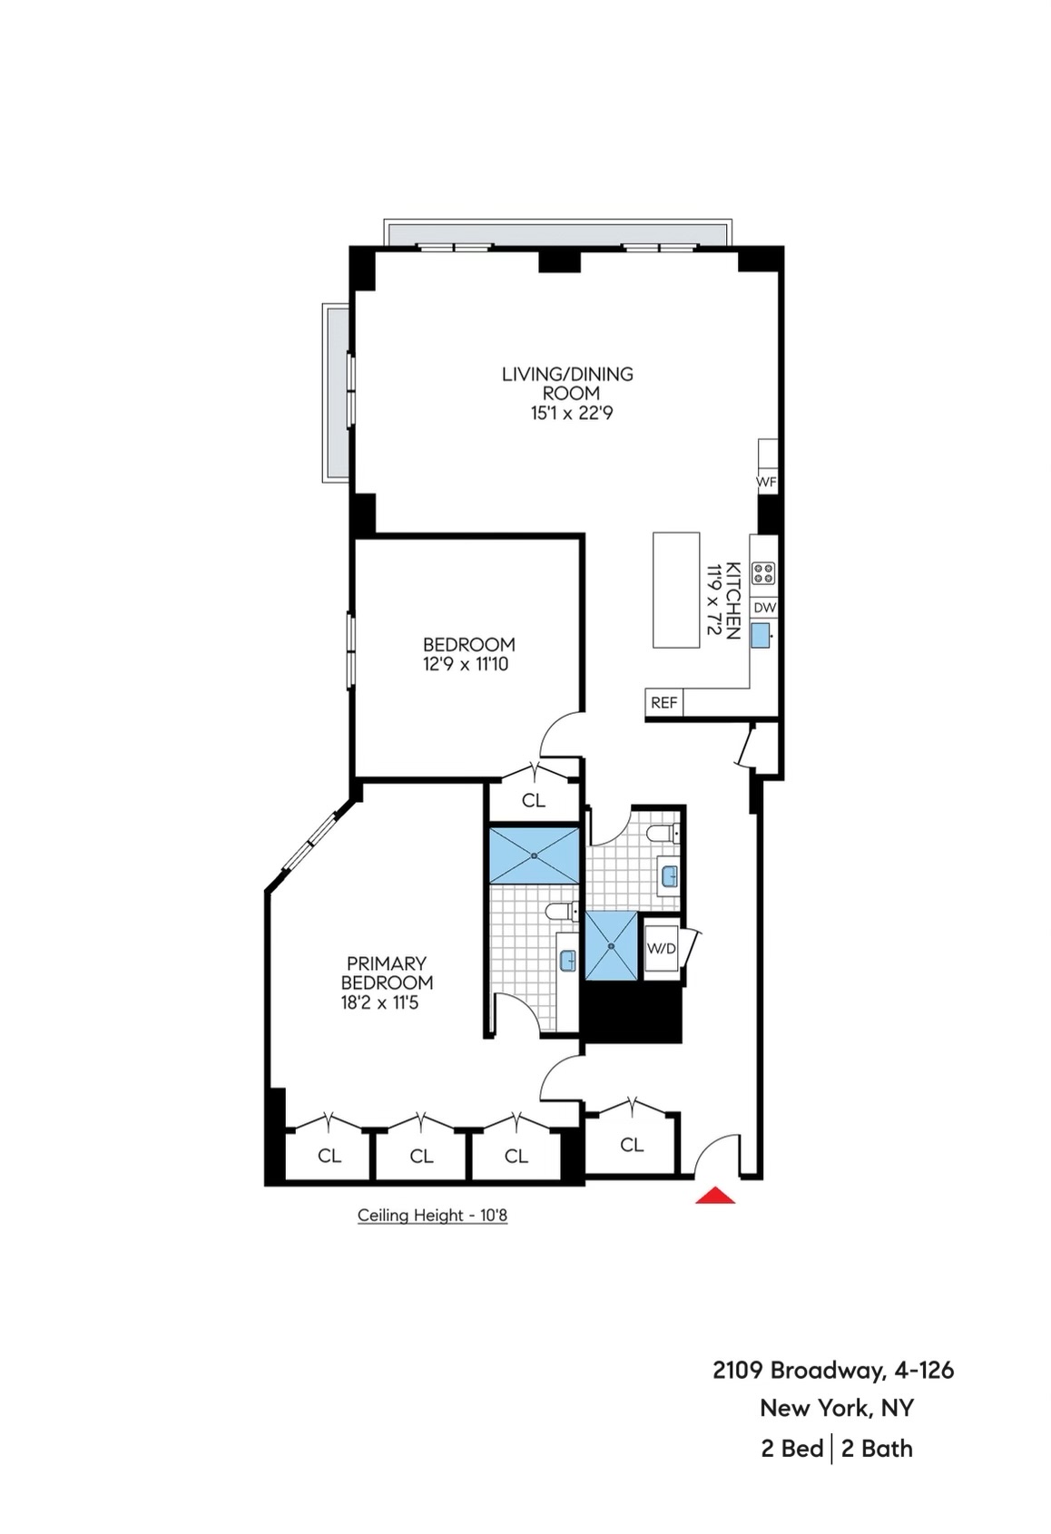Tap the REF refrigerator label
click(x=663, y=703)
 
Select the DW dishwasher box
click(x=764, y=608)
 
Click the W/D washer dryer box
click(x=661, y=949)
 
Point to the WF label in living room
click(x=766, y=482)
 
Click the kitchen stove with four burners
click(x=764, y=572)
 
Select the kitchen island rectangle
click(x=676, y=590)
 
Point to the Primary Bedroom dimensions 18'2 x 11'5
click(x=379, y=1003)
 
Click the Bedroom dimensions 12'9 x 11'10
click(x=466, y=665)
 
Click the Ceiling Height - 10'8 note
click(x=432, y=1216)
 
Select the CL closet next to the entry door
click(x=632, y=1145)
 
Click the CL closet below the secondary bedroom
click(x=534, y=800)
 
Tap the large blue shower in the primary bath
click(x=534, y=855)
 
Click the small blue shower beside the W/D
click(x=611, y=946)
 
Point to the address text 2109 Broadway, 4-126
click(x=833, y=1370)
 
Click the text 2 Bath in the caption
click(x=876, y=1449)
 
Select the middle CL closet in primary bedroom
click(x=421, y=1156)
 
